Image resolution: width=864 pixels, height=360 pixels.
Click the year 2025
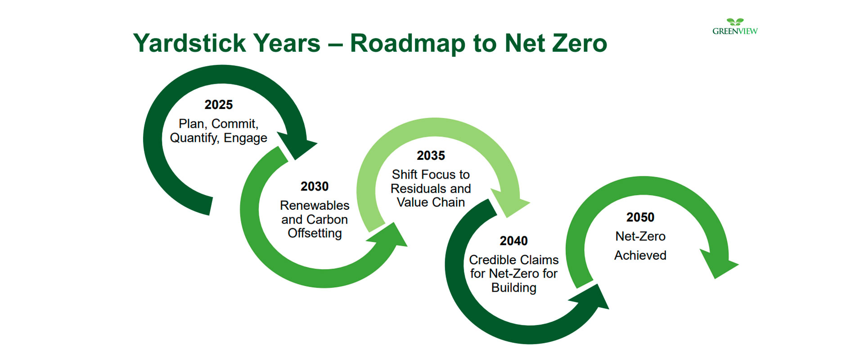pos(219,105)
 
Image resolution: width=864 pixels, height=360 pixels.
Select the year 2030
pos(315,186)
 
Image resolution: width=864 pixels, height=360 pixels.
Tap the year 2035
pos(431,156)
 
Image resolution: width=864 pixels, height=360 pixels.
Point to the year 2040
pos(513,241)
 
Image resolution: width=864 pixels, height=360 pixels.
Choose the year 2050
pos(640,217)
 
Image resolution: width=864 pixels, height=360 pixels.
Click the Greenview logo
pos(735,27)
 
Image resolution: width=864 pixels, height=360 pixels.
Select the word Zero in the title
pos(580,43)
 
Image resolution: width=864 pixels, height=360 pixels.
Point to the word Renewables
pos(315,205)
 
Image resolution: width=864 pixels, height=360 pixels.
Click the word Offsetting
pos(315,233)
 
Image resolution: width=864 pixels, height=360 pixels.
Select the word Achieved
pos(640,255)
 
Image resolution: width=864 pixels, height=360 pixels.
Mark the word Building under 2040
pos(513,288)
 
